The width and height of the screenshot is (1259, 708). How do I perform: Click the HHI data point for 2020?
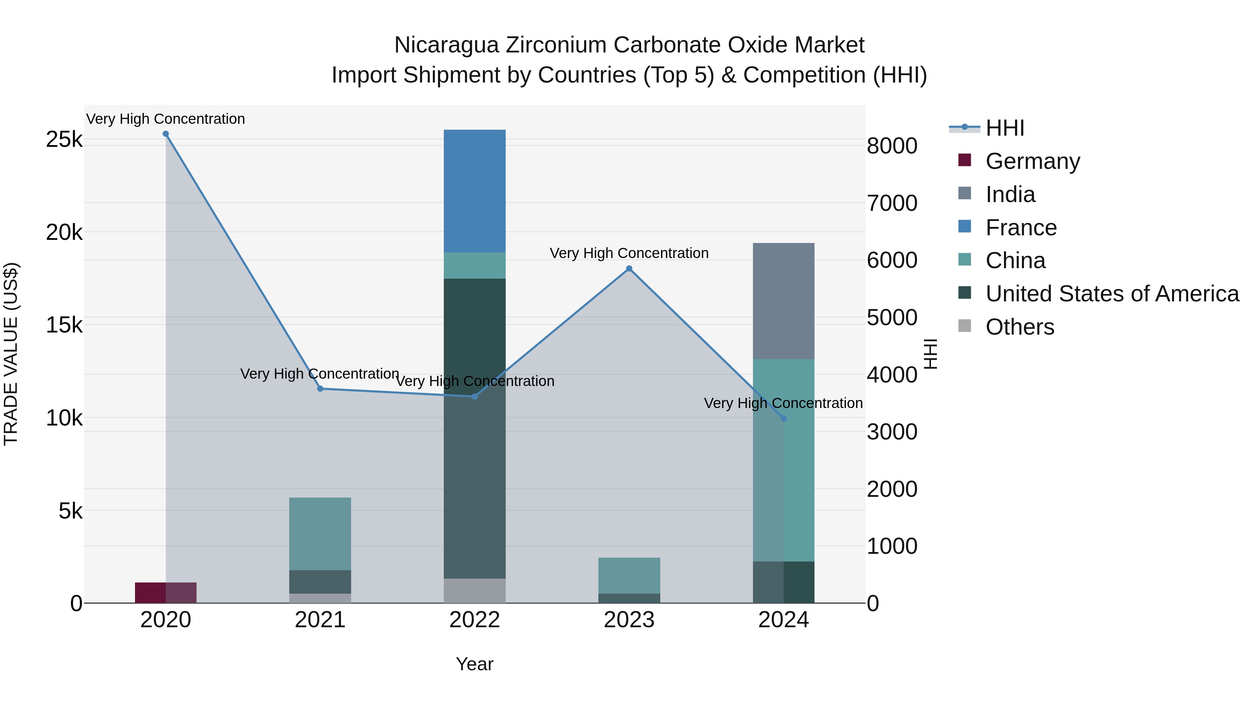166,134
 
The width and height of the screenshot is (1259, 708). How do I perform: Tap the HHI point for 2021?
320,389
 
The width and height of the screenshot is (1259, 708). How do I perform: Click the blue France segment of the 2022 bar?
474,191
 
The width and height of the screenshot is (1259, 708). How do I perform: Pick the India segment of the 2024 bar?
783,300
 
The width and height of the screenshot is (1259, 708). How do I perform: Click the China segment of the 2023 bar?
629,575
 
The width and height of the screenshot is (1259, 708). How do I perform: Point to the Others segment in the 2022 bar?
474,591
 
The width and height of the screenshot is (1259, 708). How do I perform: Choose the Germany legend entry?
1032,161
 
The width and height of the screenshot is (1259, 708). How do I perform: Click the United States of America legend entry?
1112,294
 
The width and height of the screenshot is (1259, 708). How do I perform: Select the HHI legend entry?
1004,128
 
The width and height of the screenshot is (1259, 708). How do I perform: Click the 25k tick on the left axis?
64,140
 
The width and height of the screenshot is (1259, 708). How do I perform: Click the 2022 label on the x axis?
474,620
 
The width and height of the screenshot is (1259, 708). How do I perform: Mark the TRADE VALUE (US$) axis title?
11,354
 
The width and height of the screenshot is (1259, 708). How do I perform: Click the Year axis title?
474,664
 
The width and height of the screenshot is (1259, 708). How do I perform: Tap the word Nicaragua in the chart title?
446,45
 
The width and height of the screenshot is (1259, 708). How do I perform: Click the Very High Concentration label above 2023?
629,253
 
